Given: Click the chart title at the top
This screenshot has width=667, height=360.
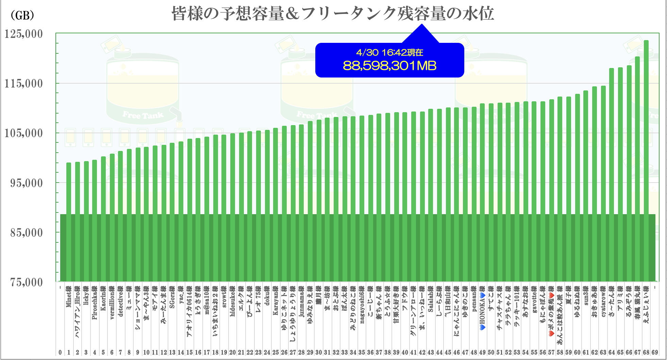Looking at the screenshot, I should [332, 14].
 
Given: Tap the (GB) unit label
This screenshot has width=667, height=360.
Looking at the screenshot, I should [22, 15].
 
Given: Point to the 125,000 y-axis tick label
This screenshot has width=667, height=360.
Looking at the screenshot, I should [23, 34].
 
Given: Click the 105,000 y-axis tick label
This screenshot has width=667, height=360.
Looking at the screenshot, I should [23, 133].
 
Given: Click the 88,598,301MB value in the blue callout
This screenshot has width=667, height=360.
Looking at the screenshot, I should [389, 66].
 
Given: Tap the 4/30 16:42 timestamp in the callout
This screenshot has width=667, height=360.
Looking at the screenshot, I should [389, 52].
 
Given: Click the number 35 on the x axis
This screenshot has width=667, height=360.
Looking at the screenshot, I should [362, 353].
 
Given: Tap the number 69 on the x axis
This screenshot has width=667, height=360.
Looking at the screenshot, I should [654, 353].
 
